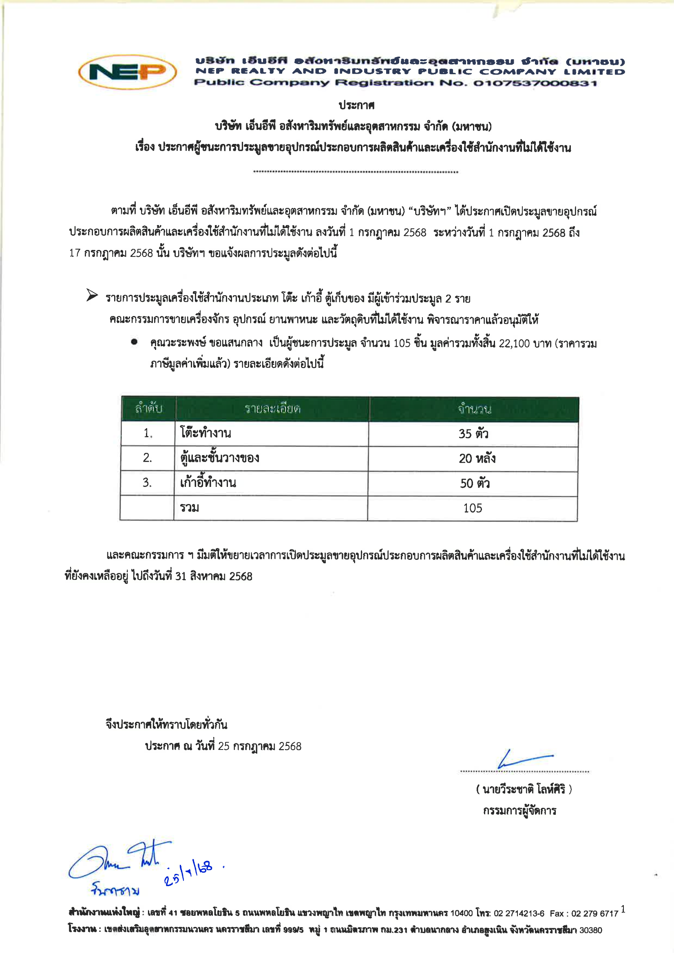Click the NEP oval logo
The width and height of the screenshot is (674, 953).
click(x=127, y=72)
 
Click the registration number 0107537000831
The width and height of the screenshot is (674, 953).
click(x=535, y=83)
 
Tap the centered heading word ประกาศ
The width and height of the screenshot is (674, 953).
click(x=356, y=106)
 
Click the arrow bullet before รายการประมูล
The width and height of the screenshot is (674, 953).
click(x=92, y=295)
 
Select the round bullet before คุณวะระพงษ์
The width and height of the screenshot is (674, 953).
click(x=134, y=342)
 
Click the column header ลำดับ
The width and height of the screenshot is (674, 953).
click(x=148, y=409)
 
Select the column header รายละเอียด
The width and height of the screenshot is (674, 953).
click(x=272, y=409)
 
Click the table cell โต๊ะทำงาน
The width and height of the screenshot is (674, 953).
click(x=206, y=433)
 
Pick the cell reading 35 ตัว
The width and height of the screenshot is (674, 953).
click(x=473, y=434)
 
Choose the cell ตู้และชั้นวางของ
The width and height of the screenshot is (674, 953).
click(x=219, y=458)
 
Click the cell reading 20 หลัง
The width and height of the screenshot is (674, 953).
click(x=477, y=459)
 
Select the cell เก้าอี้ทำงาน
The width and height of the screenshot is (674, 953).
click(x=208, y=483)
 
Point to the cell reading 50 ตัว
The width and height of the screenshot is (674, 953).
click(x=475, y=484)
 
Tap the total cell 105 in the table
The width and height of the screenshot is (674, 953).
click(x=473, y=509)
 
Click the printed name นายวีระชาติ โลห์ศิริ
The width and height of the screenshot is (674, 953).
click(x=524, y=789)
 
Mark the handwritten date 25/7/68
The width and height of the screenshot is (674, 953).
click(x=189, y=874)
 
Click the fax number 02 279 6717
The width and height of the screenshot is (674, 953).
click(x=595, y=913)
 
